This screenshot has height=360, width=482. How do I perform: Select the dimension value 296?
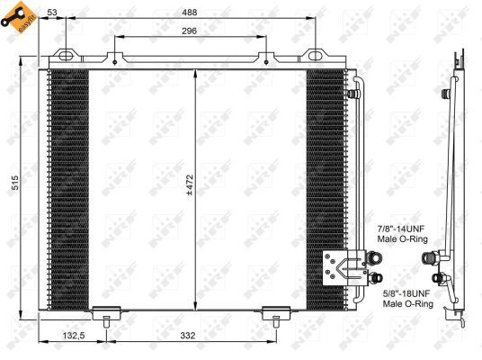click(x=188, y=30)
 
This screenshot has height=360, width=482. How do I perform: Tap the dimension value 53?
click(x=53, y=12)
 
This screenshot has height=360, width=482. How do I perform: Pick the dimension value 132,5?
click(x=74, y=336)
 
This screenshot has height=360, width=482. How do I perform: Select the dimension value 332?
click(x=187, y=336)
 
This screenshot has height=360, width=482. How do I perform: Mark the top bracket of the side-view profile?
click(x=459, y=63)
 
